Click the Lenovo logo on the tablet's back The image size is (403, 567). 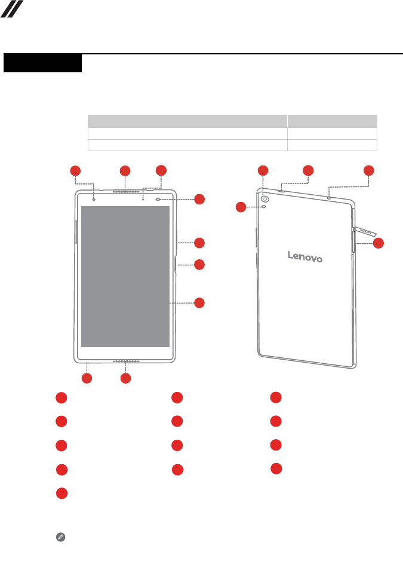pyautogui.click(x=305, y=256)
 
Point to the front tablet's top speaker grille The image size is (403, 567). pyautogui.click(x=125, y=192)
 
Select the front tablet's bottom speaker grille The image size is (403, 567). pyautogui.click(x=126, y=362)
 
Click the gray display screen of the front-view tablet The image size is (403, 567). pyautogui.click(x=125, y=276)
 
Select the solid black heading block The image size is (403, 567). pyautogui.click(x=42, y=63)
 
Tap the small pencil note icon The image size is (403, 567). pyautogui.click(x=60, y=538)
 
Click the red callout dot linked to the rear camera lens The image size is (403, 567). pyautogui.click(x=263, y=170)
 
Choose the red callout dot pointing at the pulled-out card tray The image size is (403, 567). pyautogui.click(x=379, y=243)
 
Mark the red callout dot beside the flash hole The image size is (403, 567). pyautogui.click(x=241, y=207)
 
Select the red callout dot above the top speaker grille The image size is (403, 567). pyautogui.click(x=125, y=171)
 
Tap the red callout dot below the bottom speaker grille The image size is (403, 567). pyautogui.click(x=125, y=378)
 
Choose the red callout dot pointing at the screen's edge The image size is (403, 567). pyautogui.click(x=199, y=303)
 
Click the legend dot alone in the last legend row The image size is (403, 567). pyautogui.click(x=61, y=494)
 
